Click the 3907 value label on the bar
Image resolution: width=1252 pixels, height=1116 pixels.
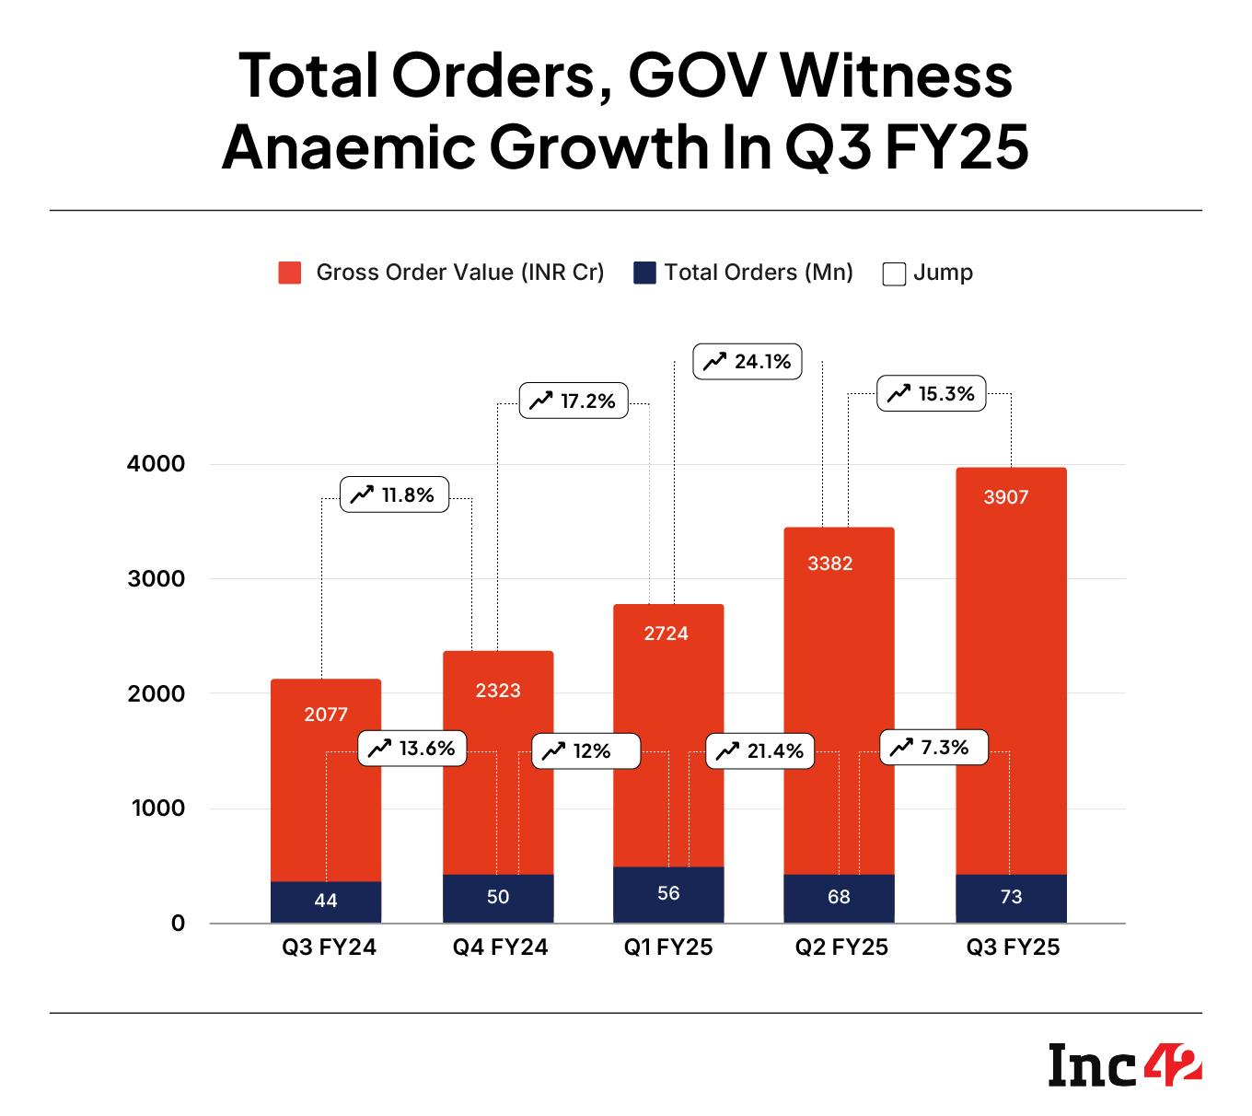pos(1005,497)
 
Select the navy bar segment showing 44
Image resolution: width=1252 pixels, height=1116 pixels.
pos(326,902)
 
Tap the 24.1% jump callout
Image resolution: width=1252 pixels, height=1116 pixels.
pos(748,362)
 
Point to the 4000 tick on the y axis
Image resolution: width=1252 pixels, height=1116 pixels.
pos(156,463)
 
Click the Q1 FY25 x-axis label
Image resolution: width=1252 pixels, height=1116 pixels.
pos(668,947)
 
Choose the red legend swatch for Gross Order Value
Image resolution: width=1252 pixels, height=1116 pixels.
pos(290,273)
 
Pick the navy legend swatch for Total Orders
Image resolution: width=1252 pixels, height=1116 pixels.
pos(644,273)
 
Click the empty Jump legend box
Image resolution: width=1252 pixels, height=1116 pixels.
pos(893,273)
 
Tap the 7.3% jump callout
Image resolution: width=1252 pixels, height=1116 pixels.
pos(933,748)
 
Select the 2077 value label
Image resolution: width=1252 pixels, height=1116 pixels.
pos(326,714)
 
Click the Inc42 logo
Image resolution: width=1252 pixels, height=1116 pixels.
pos(1124,1066)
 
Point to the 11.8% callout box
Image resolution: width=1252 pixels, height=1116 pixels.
pos(394,495)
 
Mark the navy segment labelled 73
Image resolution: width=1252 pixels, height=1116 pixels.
pos(1011,898)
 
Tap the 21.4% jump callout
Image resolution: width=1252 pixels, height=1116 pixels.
pos(759,751)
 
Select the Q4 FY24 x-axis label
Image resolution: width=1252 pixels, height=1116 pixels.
pos(500,947)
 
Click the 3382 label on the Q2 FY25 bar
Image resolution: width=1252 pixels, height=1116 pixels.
pos(830,564)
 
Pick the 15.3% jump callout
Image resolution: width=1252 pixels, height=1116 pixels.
pos(932,394)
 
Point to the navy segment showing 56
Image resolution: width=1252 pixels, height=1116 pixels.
pos(668,894)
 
